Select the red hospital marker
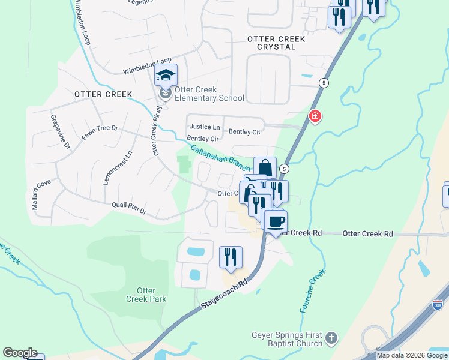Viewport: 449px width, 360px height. [314, 116]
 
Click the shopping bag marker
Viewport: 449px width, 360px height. [265, 168]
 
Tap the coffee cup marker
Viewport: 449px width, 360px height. [276, 222]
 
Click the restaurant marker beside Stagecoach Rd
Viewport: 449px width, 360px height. [231, 257]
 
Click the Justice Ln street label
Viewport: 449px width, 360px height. [205, 127]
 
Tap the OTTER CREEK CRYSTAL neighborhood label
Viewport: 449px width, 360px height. [276, 43]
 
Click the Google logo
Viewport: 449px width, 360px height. [20, 353]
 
